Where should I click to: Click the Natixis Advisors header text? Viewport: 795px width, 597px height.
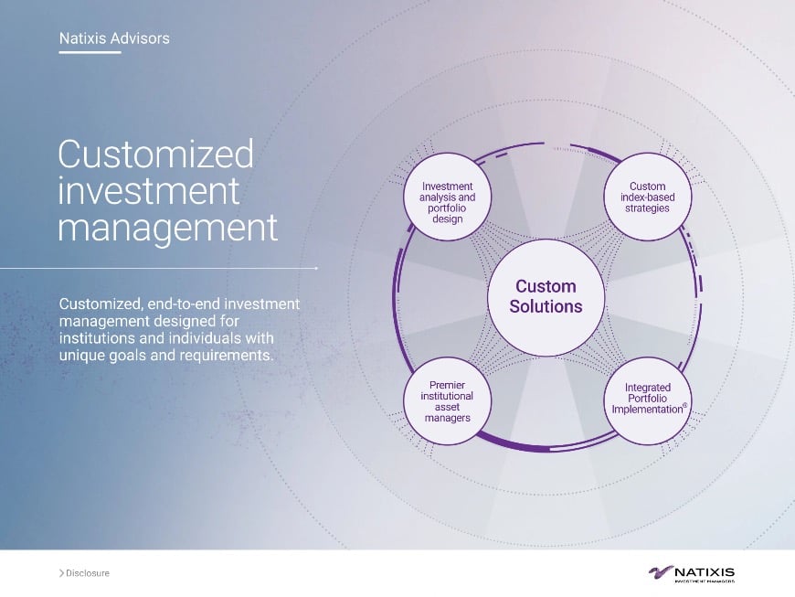113,38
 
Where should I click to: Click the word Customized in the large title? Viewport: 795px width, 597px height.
155,155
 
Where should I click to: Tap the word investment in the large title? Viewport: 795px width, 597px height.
149,191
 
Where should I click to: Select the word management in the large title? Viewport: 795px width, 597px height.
167,228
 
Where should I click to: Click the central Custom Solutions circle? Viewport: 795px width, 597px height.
546,296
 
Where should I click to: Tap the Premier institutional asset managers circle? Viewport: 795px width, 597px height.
448,401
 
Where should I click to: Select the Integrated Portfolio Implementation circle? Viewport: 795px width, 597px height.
648,400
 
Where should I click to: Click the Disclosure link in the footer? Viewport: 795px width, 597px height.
88,573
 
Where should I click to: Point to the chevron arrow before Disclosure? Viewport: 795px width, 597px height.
61,573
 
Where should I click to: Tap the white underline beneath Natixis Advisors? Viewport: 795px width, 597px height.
90,52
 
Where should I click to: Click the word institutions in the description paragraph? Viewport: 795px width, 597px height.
100,338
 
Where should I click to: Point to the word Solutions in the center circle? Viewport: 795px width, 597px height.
546,307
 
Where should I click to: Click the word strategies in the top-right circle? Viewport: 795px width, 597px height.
647,208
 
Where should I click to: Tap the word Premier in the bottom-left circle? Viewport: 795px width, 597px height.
448,386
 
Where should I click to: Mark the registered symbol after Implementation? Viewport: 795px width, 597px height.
684,405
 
